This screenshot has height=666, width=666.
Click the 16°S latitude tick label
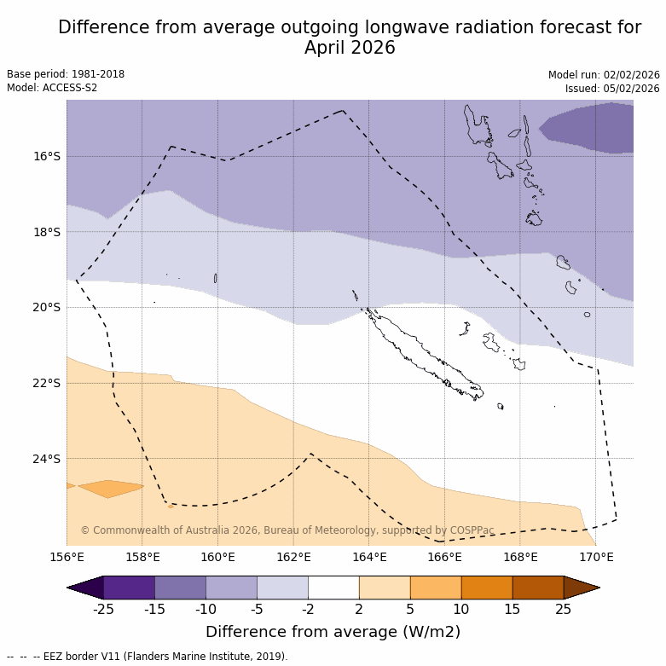[46, 156]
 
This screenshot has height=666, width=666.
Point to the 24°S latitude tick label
[46, 459]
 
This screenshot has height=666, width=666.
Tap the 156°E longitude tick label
[67, 558]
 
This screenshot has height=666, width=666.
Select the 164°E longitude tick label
[369, 558]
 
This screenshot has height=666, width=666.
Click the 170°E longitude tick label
[596, 558]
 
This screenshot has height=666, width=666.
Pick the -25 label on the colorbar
[103, 609]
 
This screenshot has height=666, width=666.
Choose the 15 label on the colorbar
[513, 609]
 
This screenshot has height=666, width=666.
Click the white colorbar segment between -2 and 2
[333, 588]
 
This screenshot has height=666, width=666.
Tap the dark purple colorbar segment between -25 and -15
[129, 588]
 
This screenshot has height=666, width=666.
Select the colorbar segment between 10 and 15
[487, 588]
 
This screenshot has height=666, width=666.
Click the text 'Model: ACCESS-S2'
[52, 88]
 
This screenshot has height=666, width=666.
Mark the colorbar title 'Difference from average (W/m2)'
[333, 632]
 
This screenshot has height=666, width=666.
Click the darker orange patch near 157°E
[111, 489]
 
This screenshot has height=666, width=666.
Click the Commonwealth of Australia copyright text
[287, 530]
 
